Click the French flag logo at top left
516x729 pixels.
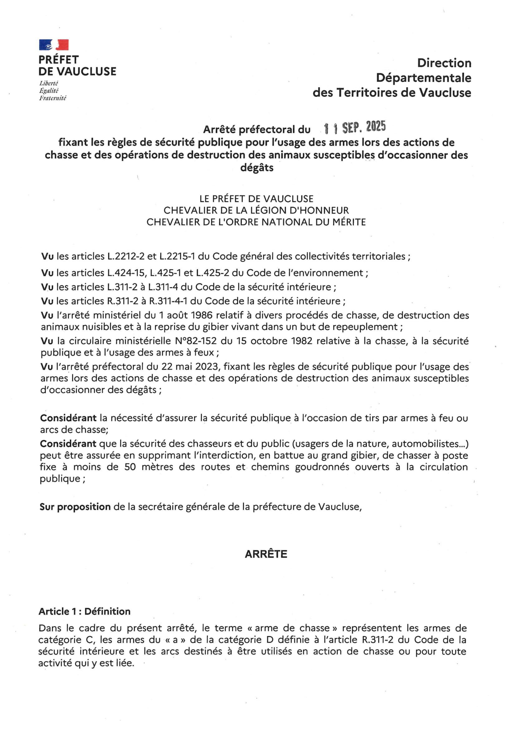tap(54, 45)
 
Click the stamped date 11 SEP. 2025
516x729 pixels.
tap(354, 127)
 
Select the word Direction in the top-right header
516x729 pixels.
tap(444, 63)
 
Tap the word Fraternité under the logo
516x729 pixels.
tap(53, 98)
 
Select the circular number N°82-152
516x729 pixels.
tap(196, 341)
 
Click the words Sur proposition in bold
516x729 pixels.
tap(75, 507)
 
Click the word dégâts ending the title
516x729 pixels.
tap(257, 167)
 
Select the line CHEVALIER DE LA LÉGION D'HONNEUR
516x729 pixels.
tap(256, 210)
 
